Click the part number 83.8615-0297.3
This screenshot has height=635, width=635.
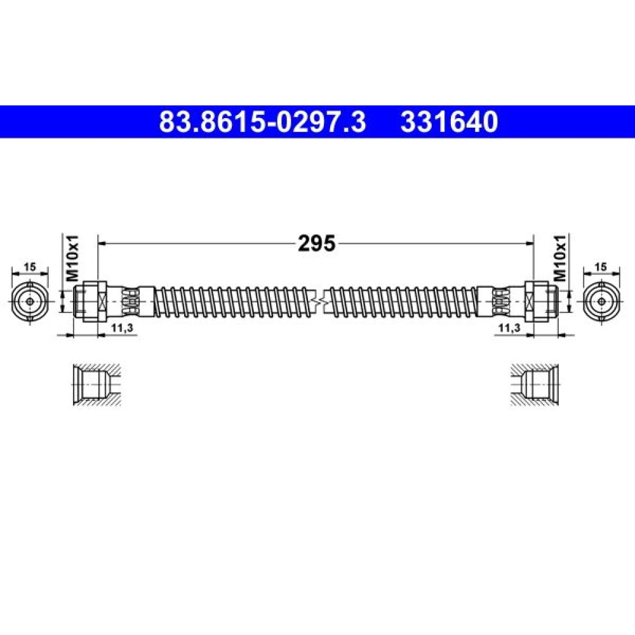262,122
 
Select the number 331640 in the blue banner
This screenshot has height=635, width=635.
449,122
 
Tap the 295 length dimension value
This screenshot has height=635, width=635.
317,243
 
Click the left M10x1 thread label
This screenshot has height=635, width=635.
72,258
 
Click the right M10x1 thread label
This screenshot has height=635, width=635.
560,258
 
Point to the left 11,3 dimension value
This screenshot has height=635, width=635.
123,328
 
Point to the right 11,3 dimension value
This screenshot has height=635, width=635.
509,328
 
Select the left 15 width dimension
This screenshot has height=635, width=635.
30,267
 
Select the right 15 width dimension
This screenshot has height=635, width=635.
601,267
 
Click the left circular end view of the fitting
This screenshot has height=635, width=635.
30,302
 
